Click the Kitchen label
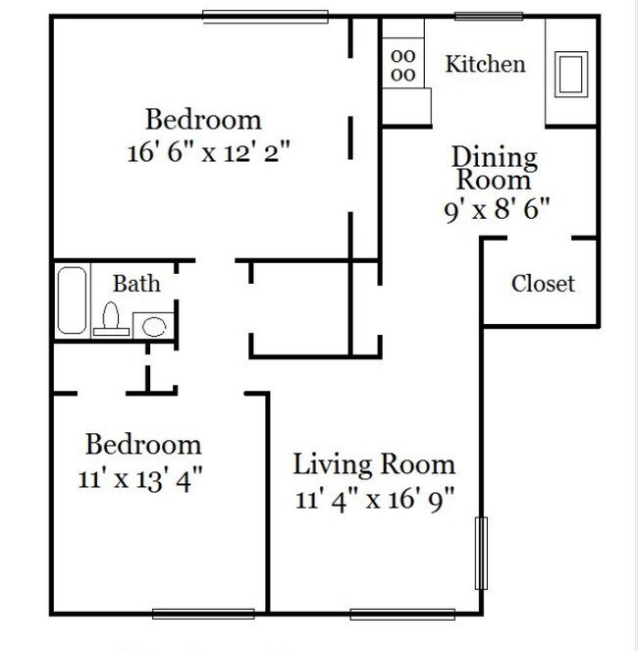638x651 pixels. [x=485, y=65]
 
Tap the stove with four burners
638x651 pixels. [x=403, y=66]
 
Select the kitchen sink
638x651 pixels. [x=570, y=73]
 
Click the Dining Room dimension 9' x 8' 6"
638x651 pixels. [x=494, y=208]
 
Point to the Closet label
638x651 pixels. [x=543, y=284]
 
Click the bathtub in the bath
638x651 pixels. [x=71, y=300]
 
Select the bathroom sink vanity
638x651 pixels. [x=152, y=324]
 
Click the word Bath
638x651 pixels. [x=136, y=284]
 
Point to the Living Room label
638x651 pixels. [x=375, y=464]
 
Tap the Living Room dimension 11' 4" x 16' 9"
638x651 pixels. [x=375, y=499]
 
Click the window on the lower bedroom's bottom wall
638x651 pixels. [x=203, y=615]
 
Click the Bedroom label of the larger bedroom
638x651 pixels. [x=203, y=120]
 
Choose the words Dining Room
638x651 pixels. [x=494, y=168]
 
